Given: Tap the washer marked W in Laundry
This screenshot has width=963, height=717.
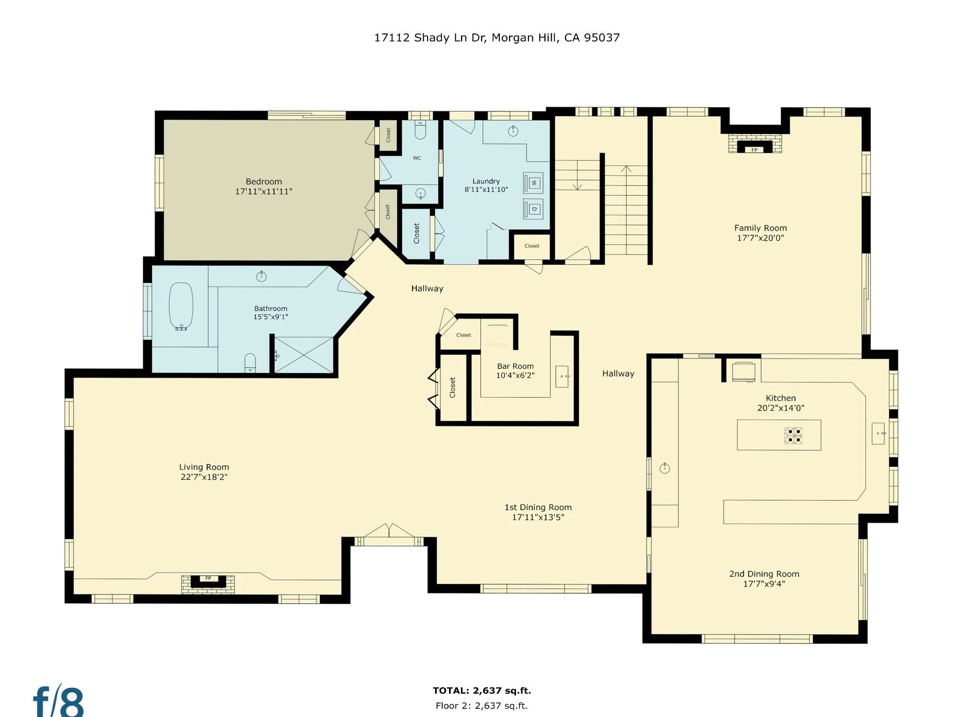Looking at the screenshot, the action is click(x=533, y=183).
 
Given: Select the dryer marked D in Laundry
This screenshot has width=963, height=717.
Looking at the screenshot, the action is click(x=533, y=209).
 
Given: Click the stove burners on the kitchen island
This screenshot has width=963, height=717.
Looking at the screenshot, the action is click(x=793, y=435).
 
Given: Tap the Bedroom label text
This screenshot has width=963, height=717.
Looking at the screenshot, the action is click(x=264, y=182).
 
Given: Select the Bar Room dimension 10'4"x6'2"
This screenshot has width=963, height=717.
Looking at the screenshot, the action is click(x=515, y=376).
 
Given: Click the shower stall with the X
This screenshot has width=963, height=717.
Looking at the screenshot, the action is click(x=304, y=354).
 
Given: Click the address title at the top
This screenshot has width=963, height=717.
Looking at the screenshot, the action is click(x=497, y=38).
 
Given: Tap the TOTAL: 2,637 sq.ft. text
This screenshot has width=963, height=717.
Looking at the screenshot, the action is click(x=482, y=691).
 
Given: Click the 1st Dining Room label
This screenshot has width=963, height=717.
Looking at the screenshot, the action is click(x=538, y=507).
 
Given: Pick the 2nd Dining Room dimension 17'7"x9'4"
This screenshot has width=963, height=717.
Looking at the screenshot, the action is click(x=764, y=584).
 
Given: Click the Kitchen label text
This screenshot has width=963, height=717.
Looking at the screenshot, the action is click(x=781, y=398).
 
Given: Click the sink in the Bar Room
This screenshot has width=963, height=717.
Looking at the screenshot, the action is click(x=562, y=376).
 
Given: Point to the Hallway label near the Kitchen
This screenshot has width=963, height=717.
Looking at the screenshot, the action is click(x=618, y=374).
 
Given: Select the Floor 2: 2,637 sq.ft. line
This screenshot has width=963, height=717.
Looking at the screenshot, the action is click(x=482, y=706).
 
